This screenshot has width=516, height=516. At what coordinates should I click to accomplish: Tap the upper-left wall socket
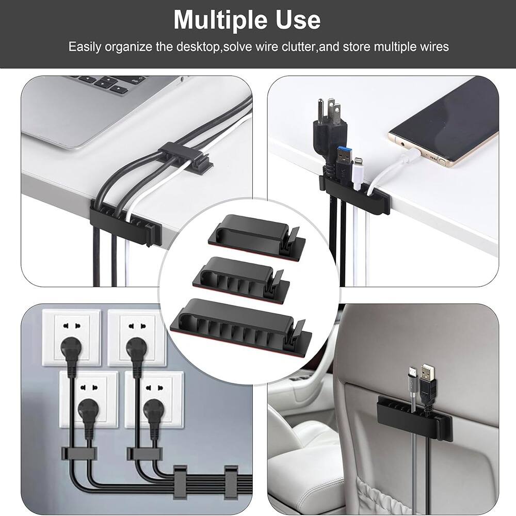pyautogui.click(x=77, y=333)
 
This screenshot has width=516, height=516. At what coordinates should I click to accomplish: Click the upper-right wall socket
pyautogui.click(x=137, y=333)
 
